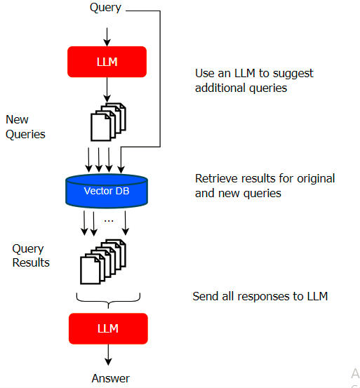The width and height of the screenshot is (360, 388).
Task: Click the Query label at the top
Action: pos(105,8)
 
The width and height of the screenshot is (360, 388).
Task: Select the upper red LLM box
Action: pos(107,62)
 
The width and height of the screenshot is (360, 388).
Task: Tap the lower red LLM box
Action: pos(108,328)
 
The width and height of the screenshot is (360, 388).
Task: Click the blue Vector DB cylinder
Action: pos(107,191)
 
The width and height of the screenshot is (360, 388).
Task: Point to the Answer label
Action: pos(110,378)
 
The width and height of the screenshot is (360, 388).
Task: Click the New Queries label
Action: pos(25,127)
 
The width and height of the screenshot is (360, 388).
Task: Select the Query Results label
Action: pos(31,255)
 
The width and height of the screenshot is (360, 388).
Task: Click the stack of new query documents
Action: pos(108,122)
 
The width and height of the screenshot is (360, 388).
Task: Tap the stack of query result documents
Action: pos(103,262)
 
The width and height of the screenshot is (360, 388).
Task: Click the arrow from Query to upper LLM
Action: pos(107,37)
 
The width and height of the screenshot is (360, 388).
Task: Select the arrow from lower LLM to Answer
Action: pos(108,355)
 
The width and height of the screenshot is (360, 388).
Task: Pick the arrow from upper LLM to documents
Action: pos(107,90)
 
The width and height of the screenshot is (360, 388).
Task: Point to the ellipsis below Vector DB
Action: pos(109,221)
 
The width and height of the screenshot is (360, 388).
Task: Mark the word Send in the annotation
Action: pos(206,296)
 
